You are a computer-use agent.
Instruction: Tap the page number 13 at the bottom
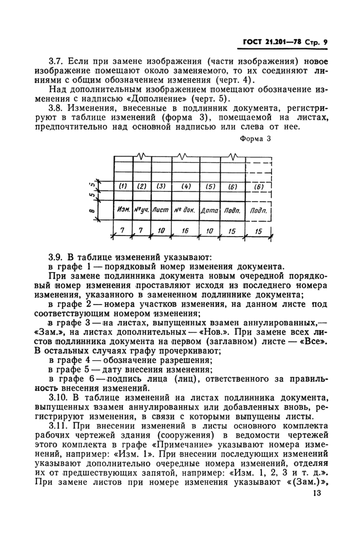(x=317, y=494)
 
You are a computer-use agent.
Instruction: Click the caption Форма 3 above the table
(x=255, y=139)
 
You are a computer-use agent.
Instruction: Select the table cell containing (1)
(x=122, y=186)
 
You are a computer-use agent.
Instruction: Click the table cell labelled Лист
(x=160, y=210)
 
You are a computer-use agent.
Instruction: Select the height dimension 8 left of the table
(x=91, y=210)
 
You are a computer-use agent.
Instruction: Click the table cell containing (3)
(x=160, y=186)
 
